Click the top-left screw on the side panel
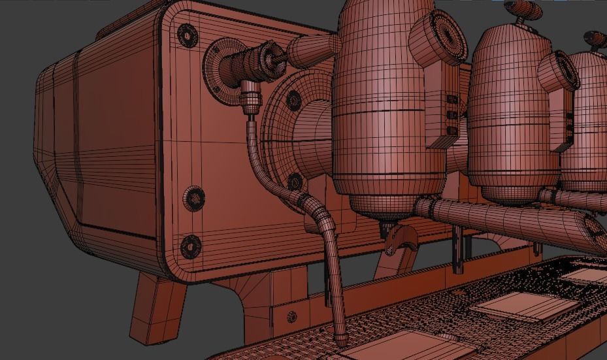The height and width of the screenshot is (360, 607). pos(188,34)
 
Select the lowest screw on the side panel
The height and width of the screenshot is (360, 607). pos(191,246)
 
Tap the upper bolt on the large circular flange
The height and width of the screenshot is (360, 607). pos(293,99)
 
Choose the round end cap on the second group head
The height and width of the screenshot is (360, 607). pos(561,71)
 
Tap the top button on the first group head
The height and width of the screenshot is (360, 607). pos(451,100)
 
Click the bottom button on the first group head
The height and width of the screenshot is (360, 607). pos(451,130)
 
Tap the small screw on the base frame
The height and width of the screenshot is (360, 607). pos(291,317)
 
